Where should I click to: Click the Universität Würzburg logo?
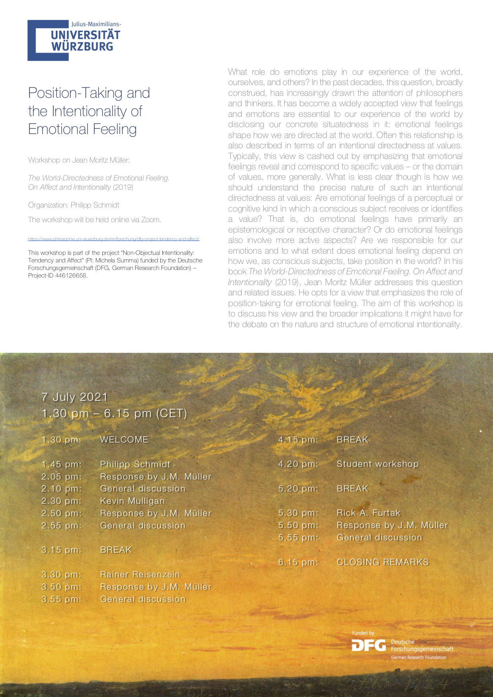click(x=74, y=40)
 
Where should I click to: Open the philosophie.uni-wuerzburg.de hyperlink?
click(x=114, y=239)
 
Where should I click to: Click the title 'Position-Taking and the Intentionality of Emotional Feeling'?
click(x=89, y=111)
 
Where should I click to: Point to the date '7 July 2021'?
click(x=75, y=397)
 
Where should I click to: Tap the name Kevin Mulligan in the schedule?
click(x=132, y=501)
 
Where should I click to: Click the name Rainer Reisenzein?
click(x=140, y=575)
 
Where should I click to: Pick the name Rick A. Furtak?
click(x=368, y=513)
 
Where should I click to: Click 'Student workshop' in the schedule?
click(x=377, y=464)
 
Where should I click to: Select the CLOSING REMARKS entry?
click(x=382, y=562)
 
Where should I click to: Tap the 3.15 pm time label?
click(x=61, y=550)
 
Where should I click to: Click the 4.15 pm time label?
click(x=298, y=440)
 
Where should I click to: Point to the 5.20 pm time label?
click(x=298, y=489)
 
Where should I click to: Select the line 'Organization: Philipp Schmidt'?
click(x=74, y=205)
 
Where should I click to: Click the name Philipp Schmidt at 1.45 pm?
click(x=135, y=464)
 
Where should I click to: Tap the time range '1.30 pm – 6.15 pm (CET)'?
click(x=115, y=414)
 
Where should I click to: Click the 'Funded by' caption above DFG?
click(x=363, y=633)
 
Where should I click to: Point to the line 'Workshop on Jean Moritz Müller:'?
click(x=79, y=160)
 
